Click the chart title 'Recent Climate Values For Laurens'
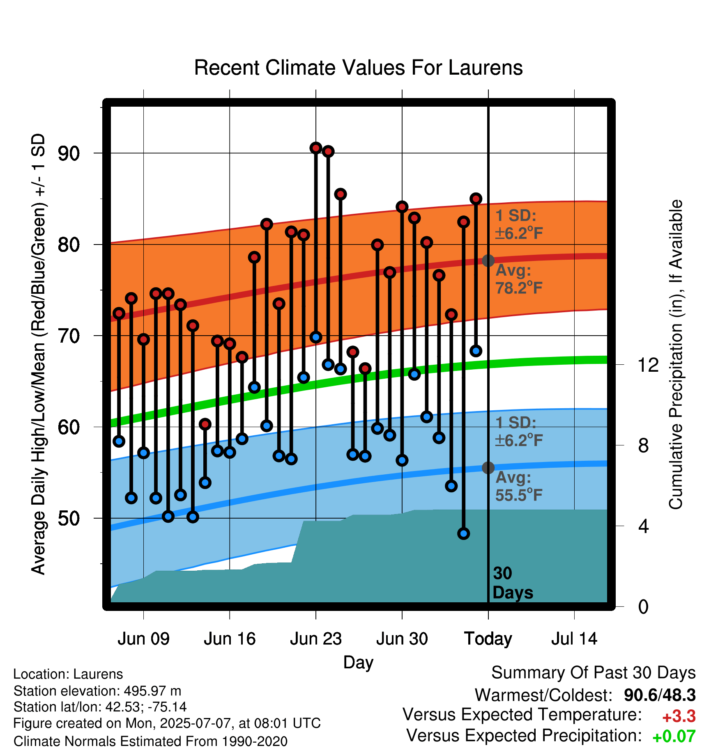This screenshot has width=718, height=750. [x=358, y=68]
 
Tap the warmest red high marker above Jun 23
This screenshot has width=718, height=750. [x=316, y=148]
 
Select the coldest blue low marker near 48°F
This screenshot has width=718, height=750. [x=464, y=533]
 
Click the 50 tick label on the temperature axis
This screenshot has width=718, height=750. [x=69, y=518]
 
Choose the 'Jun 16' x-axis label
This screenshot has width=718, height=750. [x=230, y=639]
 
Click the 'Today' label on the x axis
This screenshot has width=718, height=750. [x=488, y=639]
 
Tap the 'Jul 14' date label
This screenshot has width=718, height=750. [x=574, y=639]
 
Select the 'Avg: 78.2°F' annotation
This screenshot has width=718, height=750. [x=519, y=279]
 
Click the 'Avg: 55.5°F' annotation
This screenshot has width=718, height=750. [x=519, y=486]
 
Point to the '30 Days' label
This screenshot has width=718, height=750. [x=513, y=583]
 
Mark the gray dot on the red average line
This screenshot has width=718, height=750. [x=488, y=261]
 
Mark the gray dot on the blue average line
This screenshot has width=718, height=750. [x=488, y=468]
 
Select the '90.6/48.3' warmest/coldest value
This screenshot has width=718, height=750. [x=660, y=695]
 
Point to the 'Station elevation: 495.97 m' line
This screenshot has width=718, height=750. [x=97, y=691]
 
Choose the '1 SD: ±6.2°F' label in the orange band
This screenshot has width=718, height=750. [x=519, y=224]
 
